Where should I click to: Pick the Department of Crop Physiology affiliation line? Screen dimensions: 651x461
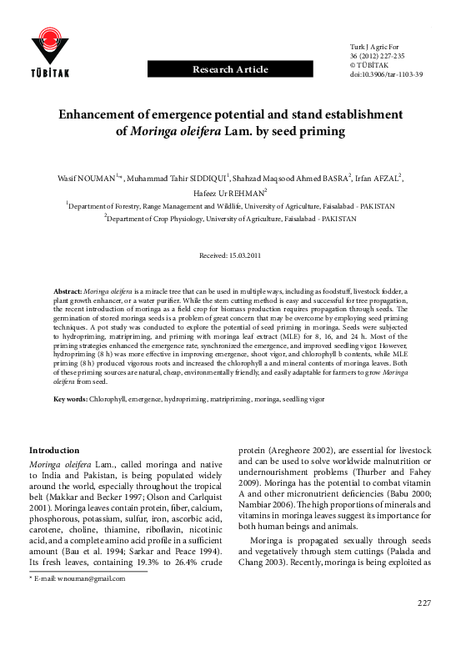coord(231,219)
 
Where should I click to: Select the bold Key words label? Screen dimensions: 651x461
coord(71,400)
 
